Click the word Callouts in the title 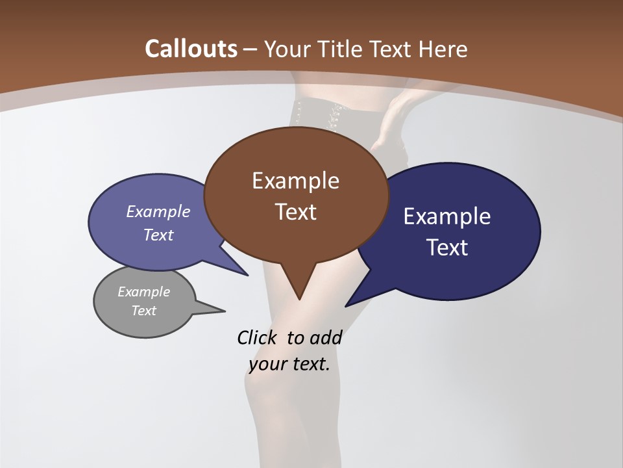pyautogui.click(x=191, y=49)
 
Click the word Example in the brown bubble pyautogui.click(x=295, y=181)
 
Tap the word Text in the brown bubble pyautogui.click(x=295, y=212)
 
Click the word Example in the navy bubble pyautogui.click(x=447, y=216)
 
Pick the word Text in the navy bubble pyautogui.click(x=447, y=248)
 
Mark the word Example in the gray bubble pyautogui.click(x=143, y=292)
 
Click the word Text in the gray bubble pyautogui.click(x=143, y=311)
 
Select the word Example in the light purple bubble pyautogui.click(x=158, y=211)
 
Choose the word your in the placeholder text pyautogui.click(x=266, y=364)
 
